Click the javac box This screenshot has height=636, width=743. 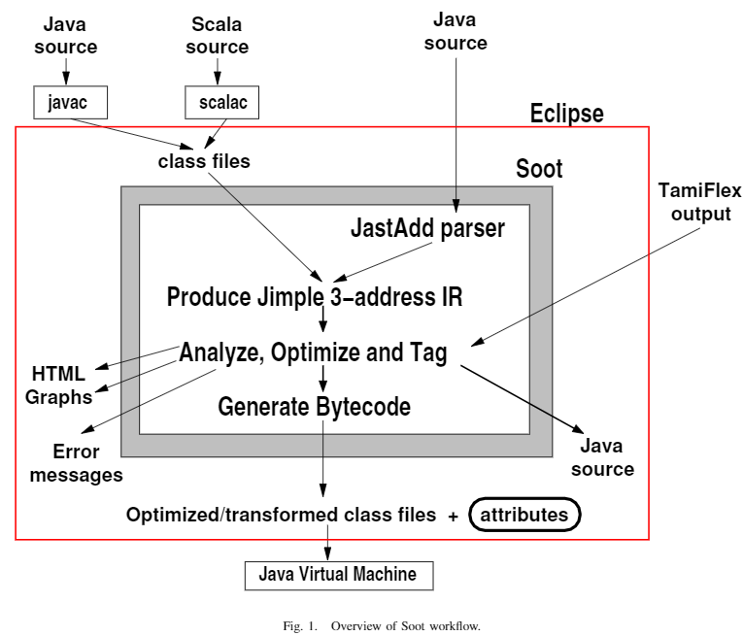coord(69,101)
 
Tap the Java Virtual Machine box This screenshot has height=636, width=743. coord(337,575)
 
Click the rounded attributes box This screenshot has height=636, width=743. coord(524,515)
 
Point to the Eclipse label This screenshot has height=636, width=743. coord(566,114)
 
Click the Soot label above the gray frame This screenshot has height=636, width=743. coord(539,169)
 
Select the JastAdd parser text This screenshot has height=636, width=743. coord(427,229)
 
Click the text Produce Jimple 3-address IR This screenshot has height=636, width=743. coord(315,296)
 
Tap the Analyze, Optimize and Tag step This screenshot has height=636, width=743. coord(313,352)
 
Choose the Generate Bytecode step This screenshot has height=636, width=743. coord(314,406)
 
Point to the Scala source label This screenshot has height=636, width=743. coord(218,36)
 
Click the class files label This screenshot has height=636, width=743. coord(204,161)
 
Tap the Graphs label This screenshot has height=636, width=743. coord(59,396)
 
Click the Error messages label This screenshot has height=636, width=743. coord(76,463)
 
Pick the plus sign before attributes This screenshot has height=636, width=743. coord(453,517)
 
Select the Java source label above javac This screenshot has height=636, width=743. coord(65,36)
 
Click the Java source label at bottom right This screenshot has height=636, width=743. coord(601,457)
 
